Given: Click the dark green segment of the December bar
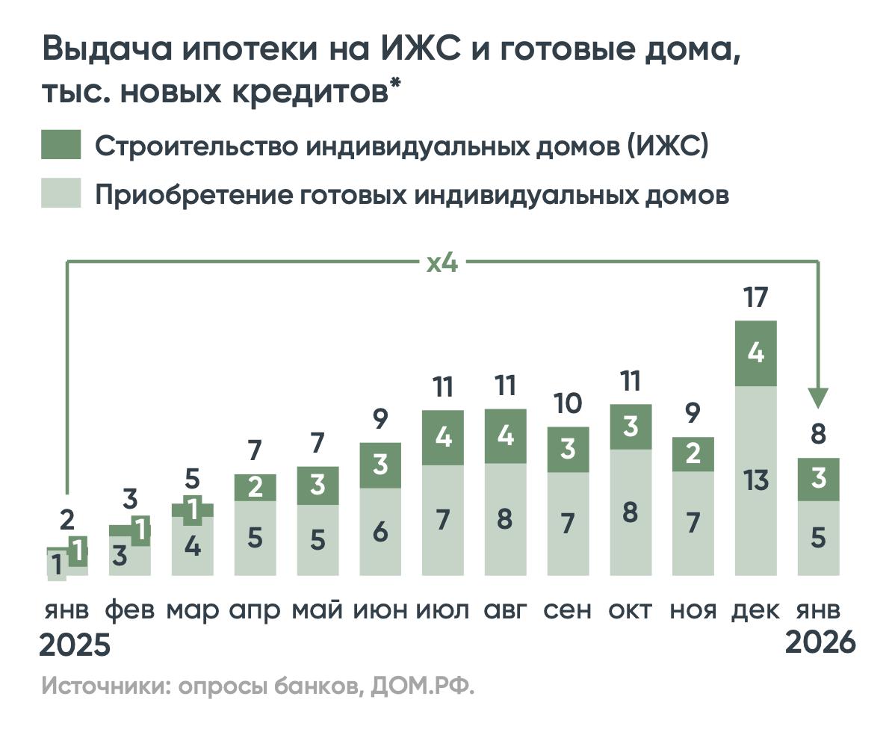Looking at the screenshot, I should click(x=756, y=353).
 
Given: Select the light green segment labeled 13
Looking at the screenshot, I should click(x=756, y=480).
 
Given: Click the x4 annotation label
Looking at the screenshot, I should click(x=442, y=263).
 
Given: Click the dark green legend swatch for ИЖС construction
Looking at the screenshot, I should click(x=61, y=145).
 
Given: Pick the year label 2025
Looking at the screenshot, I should click(x=75, y=645).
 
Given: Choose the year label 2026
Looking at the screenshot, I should click(x=819, y=643).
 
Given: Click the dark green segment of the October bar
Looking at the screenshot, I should click(x=631, y=426).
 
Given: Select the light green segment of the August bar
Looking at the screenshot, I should click(x=505, y=519).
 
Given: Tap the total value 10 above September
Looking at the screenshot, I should click(x=568, y=404).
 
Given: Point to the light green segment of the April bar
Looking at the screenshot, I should click(x=255, y=538).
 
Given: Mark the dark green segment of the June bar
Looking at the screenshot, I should click(x=380, y=465).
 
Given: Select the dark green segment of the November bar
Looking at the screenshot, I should click(x=693, y=454).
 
